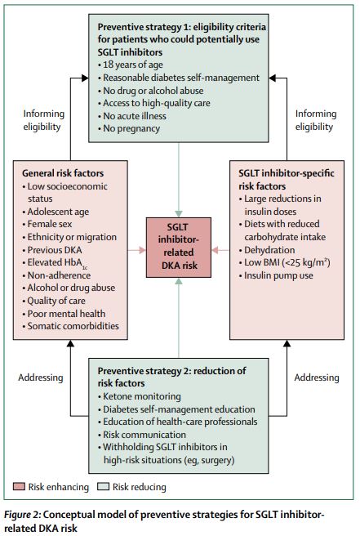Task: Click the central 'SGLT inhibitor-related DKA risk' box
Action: [x=179, y=247]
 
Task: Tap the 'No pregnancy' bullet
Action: [x=129, y=128]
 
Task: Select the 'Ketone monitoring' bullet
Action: [x=140, y=396]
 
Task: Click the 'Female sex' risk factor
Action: [x=47, y=224]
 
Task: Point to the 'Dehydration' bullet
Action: [x=267, y=250]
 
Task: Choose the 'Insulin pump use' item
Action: [x=276, y=275]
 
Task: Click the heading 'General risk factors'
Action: [x=63, y=173]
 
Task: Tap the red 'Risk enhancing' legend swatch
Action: [x=19, y=486]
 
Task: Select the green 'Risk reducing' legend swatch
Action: [x=103, y=486]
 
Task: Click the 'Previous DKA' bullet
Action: [x=52, y=250]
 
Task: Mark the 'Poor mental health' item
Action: [x=64, y=314]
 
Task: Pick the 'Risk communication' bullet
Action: [x=142, y=435]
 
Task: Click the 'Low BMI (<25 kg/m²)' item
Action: [x=285, y=262]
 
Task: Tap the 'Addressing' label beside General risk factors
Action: [x=41, y=377]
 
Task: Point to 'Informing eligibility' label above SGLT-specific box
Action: [x=316, y=120]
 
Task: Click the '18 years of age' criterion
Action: [x=130, y=65]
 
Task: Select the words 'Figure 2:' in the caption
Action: [x=23, y=515]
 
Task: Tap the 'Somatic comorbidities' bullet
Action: [x=71, y=326]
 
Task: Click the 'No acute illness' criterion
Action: [x=132, y=116]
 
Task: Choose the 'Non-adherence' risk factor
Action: [x=56, y=275]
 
